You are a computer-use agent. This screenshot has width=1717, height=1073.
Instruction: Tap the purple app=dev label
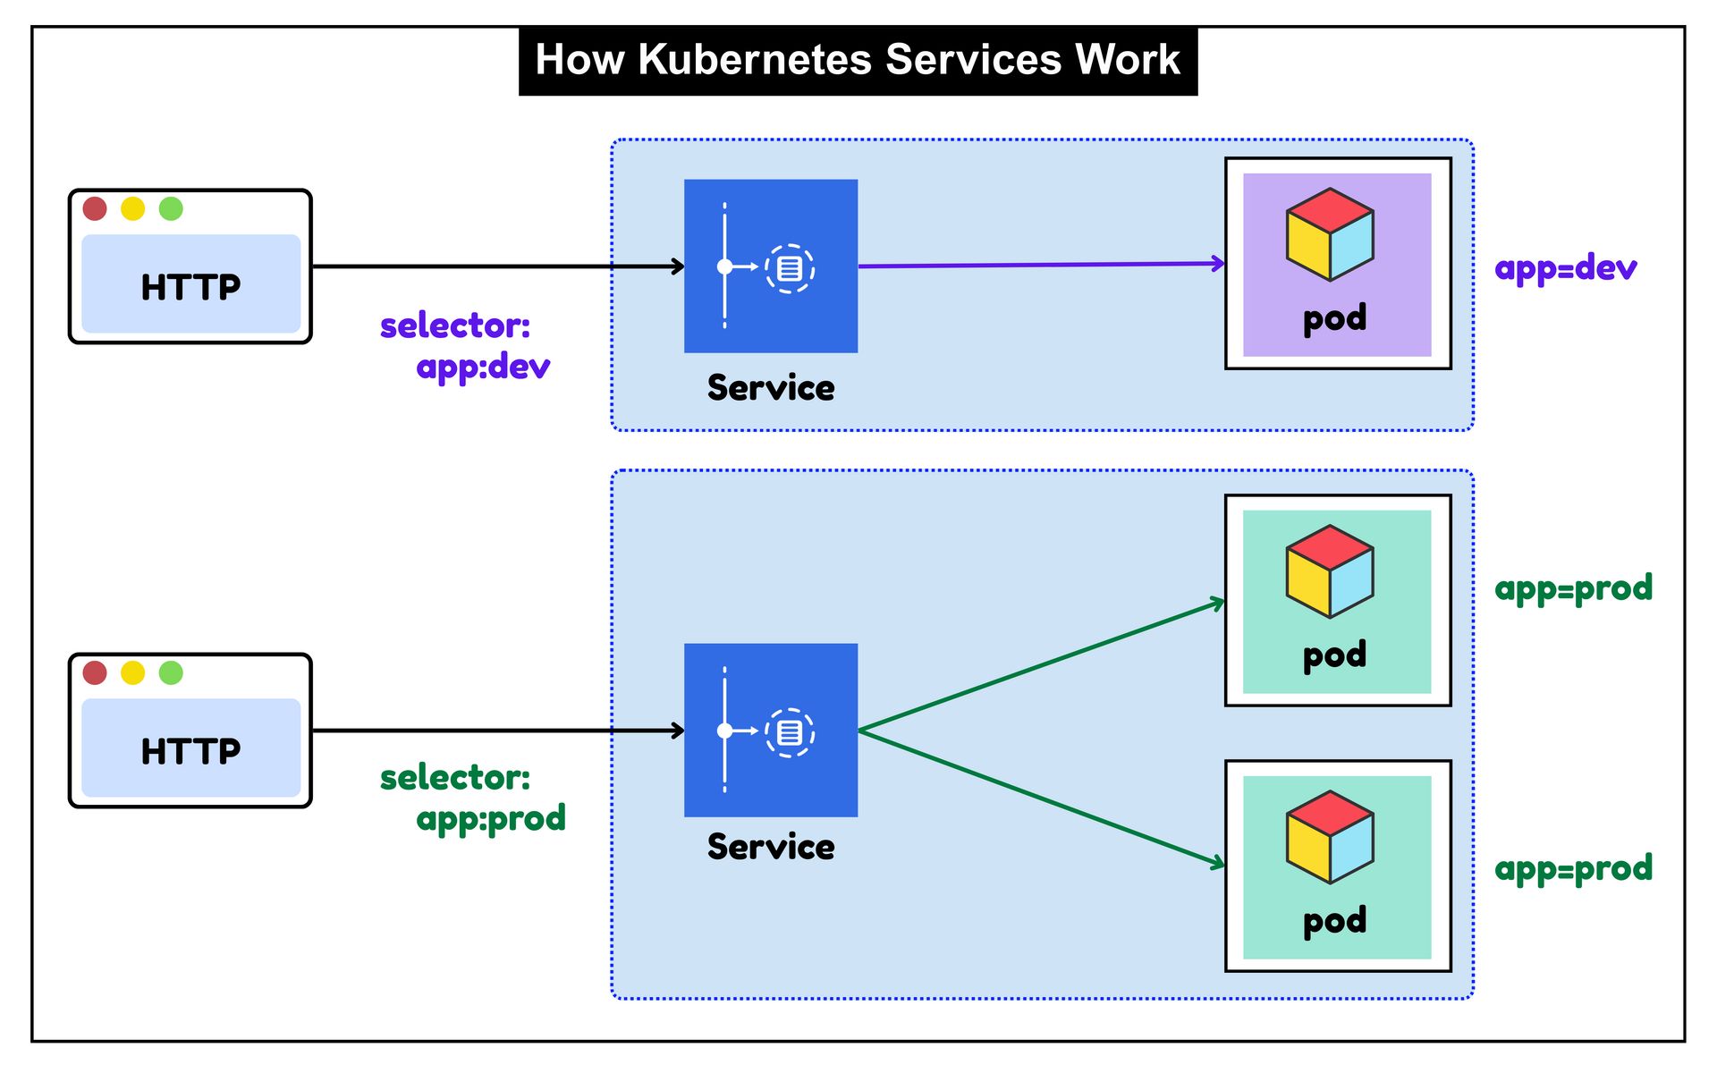click(1565, 268)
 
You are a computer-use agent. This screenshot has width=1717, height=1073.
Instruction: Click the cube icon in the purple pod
click(1330, 234)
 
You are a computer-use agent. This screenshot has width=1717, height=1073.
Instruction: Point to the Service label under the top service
click(771, 388)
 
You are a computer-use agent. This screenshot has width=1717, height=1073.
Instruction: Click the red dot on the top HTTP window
click(95, 209)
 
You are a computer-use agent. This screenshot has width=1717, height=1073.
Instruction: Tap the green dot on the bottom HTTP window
click(171, 672)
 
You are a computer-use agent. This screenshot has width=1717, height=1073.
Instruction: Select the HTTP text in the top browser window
click(190, 287)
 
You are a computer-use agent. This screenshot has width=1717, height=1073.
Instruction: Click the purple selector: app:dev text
click(465, 346)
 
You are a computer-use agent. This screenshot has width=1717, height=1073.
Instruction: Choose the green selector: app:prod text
click(472, 798)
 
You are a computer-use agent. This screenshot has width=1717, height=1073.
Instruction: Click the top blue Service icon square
click(771, 266)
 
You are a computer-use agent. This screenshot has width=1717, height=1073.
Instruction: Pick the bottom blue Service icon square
click(771, 730)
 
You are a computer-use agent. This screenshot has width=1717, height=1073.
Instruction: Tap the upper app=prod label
click(1573, 588)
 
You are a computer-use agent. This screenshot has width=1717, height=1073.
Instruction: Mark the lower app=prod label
click(1573, 869)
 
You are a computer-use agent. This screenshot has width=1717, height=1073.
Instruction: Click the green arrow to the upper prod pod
click(1042, 666)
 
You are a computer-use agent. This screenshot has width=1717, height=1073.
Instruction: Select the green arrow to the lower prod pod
click(1042, 798)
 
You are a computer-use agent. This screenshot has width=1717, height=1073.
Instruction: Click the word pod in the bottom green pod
click(1334, 921)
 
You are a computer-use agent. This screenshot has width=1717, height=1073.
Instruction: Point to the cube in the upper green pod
click(1330, 571)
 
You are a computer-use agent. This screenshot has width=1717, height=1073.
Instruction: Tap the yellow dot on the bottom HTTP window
click(133, 672)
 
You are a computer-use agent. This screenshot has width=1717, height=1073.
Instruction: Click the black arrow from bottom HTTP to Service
click(497, 731)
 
